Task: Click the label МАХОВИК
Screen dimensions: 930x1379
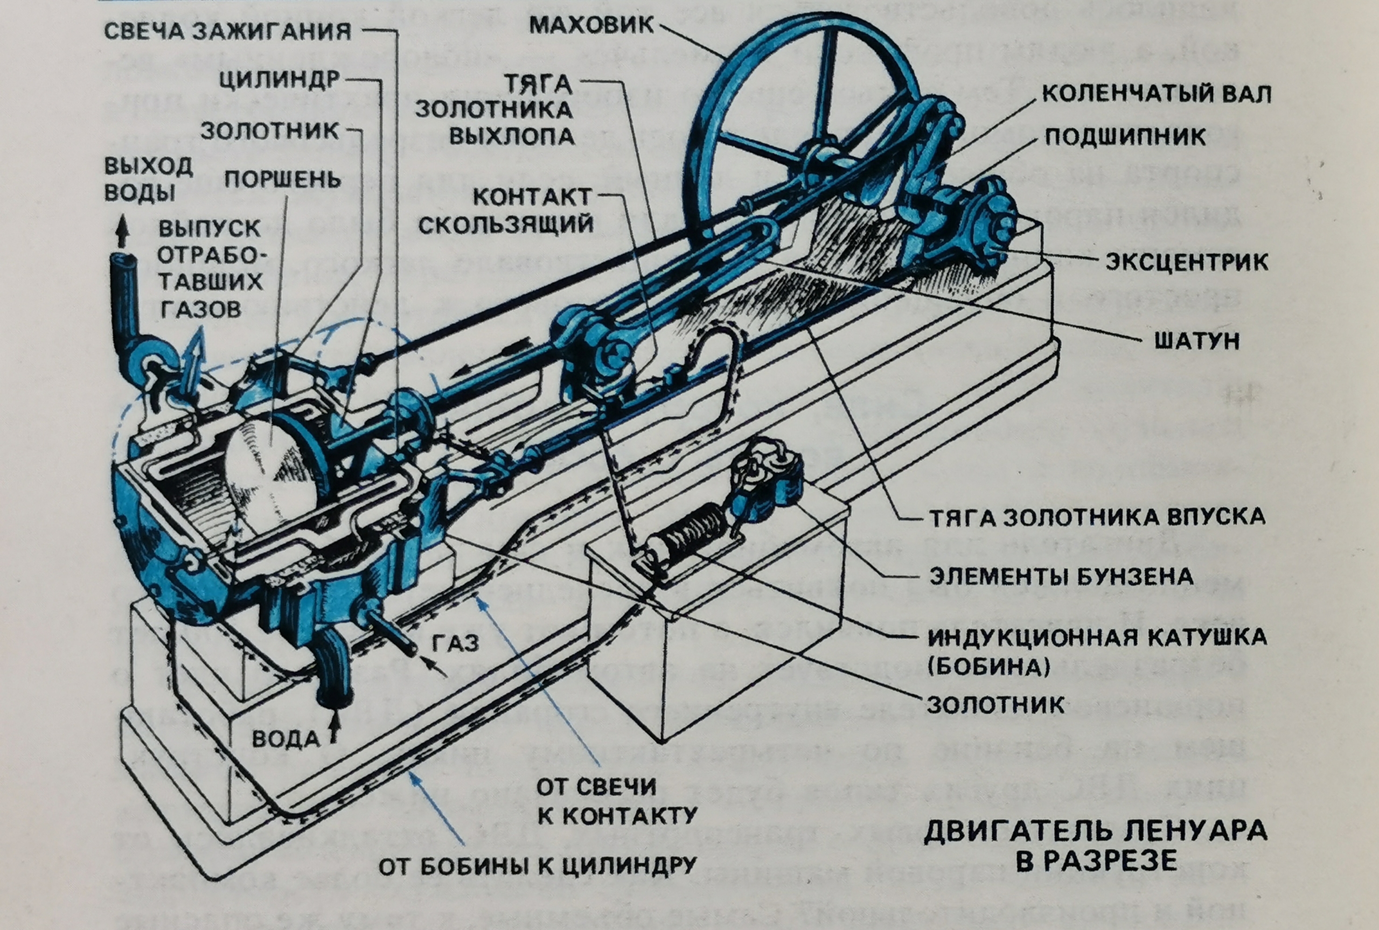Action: pyautogui.click(x=591, y=25)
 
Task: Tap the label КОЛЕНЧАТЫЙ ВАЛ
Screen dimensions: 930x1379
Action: pyautogui.click(x=1156, y=94)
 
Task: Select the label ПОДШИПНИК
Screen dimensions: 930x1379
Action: pyautogui.click(x=1125, y=137)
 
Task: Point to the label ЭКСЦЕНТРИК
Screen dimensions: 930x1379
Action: pyautogui.click(x=1186, y=262)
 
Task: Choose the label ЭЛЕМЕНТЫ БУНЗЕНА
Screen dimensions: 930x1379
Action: pyautogui.click(x=1061, y=576)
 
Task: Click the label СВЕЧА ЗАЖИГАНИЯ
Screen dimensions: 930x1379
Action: pyautogui.click(x=228, y=31)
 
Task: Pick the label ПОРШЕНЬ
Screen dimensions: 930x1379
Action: pyautogui.click(x=282, y=179)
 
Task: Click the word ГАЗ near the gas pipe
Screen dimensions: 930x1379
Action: pyautogui.click(x=456, y=643)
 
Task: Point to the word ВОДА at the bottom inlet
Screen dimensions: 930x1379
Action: pyautogui.click(x=286, y=739)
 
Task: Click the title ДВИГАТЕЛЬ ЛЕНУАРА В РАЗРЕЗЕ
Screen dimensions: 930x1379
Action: pyautogui.click(x=1095, y=845)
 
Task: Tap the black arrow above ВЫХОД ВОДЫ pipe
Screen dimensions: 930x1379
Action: pyautogui.click(x=123, y=230)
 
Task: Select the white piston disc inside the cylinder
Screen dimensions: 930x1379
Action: pyautogui.click(x=267, y=474)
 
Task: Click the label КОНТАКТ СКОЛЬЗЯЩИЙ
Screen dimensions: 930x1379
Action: pyautogui.click(x=505, y=211)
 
